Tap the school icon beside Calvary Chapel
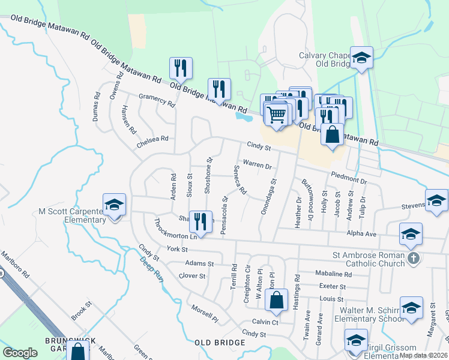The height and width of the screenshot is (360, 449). click(x=362, y=58)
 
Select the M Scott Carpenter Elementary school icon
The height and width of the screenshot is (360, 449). click(x=114, y=206)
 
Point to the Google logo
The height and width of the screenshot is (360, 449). click(x=20, y=353)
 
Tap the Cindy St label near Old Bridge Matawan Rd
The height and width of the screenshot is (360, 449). click(x=260, y=146)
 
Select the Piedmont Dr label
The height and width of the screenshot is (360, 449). click(x=348, y=177)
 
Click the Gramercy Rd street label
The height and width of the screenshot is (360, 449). click(x=156, y=101)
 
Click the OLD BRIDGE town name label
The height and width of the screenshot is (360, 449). click(x=220, y=343)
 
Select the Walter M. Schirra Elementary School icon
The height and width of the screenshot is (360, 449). click(x=411, y=308)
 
